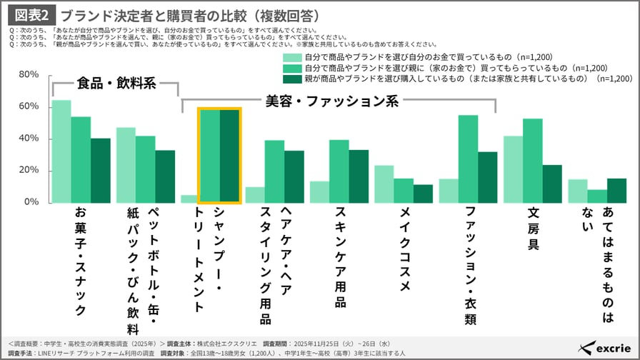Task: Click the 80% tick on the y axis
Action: [x=29, y=74]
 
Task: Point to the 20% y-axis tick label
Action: [x=29, y=170]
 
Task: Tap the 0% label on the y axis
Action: [x=31, y=202]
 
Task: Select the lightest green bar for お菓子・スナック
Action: [x=61, y=151]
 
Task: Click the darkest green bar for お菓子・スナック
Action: [x=100, y=170]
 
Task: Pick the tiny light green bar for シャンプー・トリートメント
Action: [x=188, y=199]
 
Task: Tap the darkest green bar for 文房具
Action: [x=551, y=184]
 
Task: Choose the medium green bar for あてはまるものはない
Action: [x=596, y=196]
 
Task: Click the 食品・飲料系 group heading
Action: [x=116, y=82]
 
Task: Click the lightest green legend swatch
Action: [x=292, y=56]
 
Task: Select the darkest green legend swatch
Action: [x=292, y=79]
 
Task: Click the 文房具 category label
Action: [x=532, y=229]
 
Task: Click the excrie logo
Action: [x=606, y=347]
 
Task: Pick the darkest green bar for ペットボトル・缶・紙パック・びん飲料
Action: [x=164, y=176]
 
